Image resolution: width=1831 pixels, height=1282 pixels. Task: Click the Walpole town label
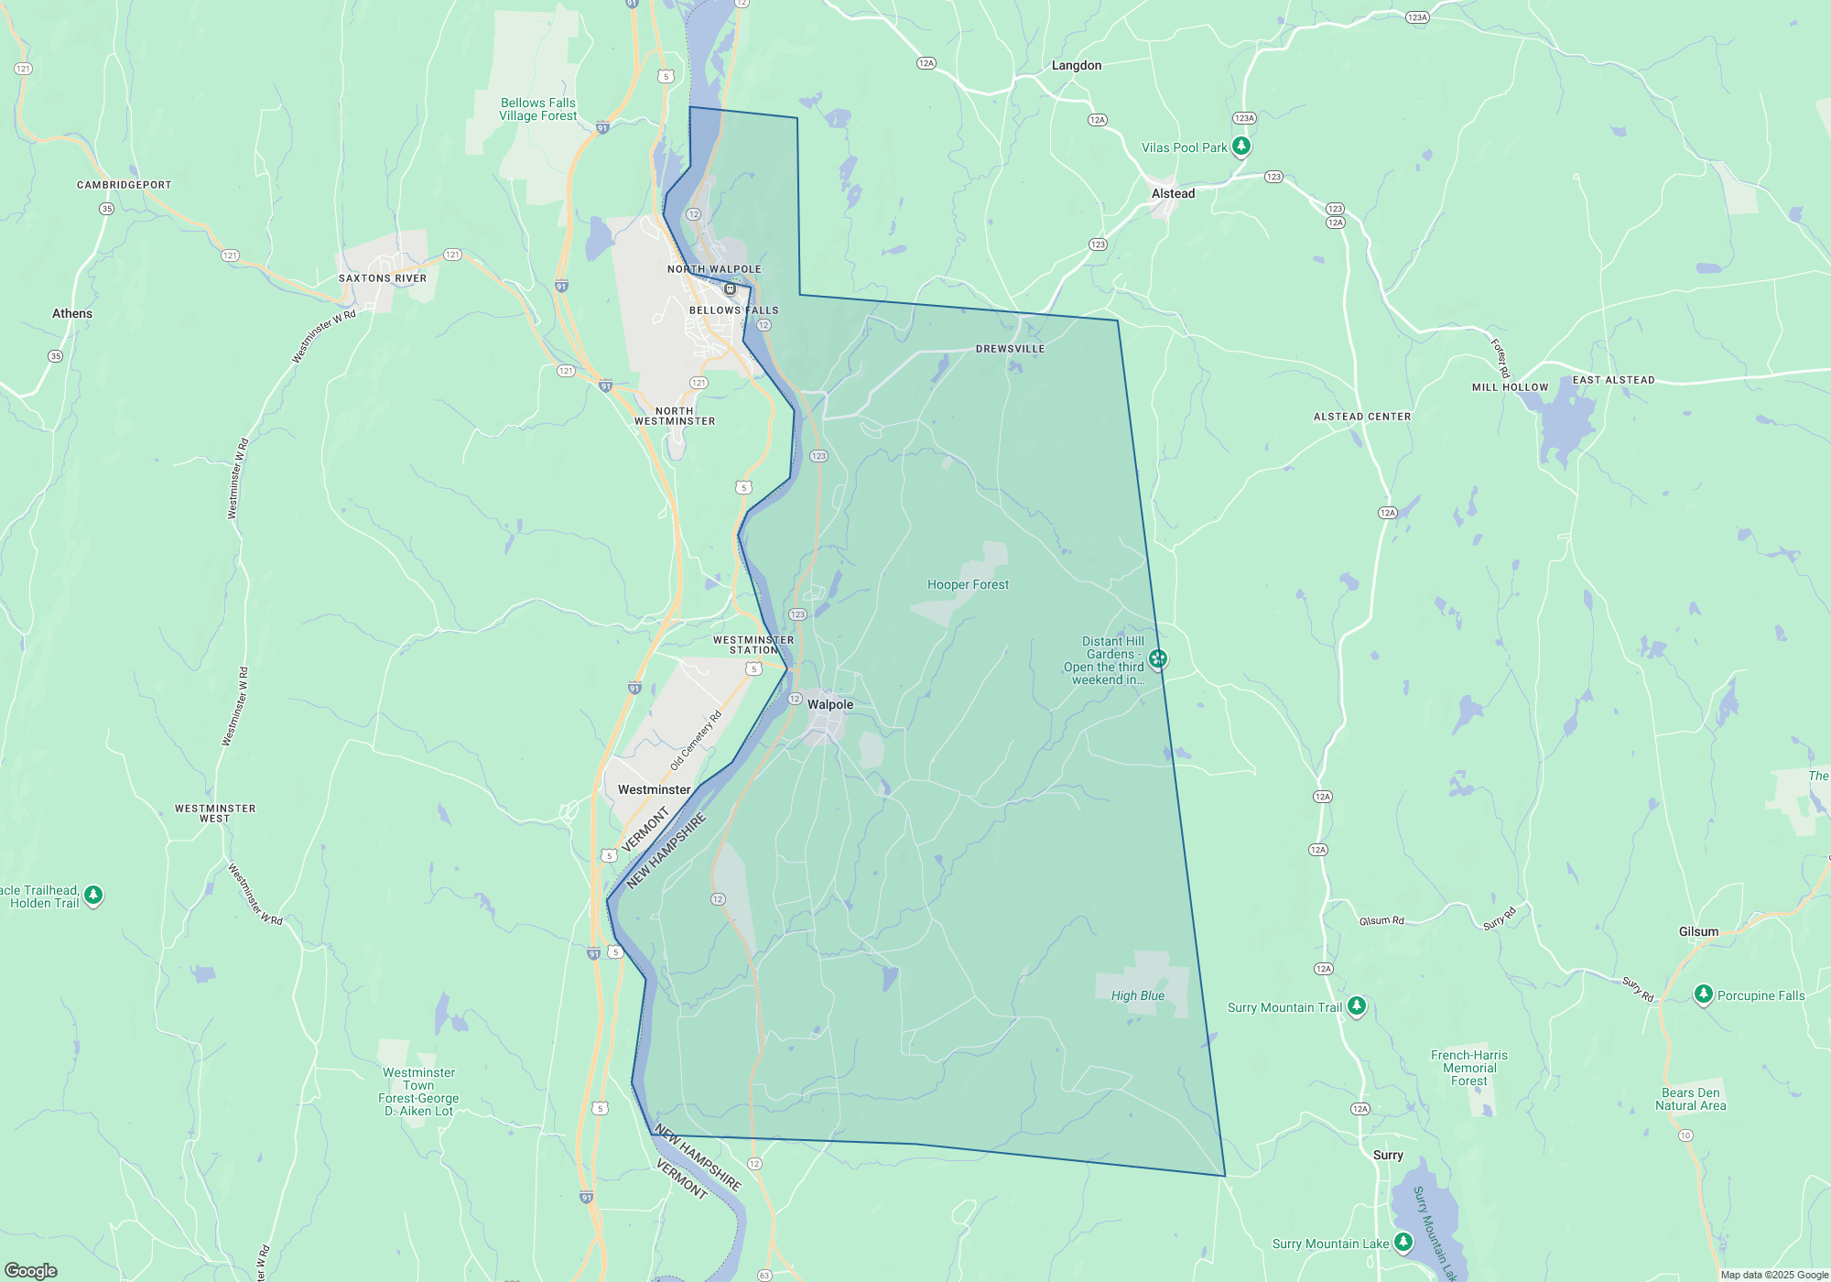coord(829,704)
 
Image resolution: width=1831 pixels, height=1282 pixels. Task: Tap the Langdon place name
coord(1076,65)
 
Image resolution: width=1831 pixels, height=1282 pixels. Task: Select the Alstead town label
coord(1173,193)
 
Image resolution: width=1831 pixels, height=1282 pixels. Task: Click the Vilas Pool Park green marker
coord(1241,146)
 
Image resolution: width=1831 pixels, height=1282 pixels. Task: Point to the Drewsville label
coord(1010,349)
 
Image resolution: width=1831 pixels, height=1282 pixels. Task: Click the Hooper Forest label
coord(968,584)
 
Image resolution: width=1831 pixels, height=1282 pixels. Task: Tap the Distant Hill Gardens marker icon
coord(1158,658)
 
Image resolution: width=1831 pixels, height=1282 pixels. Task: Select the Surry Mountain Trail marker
coord(1357,1006)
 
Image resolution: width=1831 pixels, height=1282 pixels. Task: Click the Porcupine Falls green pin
coord(1703,994)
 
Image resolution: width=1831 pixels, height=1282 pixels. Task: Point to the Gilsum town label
coord(1698,931)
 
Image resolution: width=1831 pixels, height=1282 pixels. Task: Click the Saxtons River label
coord(383,278)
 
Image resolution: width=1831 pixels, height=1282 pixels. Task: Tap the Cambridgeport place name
coord(124,185)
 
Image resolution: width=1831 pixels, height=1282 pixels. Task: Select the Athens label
coord(72,313)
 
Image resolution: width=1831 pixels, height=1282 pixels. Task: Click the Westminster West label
coord(215,813)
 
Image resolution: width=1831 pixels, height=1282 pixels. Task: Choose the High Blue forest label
coord(1138,995)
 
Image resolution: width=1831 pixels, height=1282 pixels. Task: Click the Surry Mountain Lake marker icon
coord(1403,1242)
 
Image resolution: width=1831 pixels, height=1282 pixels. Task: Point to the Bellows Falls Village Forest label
coord(538,109)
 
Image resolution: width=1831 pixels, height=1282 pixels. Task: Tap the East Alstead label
coord(1613,380)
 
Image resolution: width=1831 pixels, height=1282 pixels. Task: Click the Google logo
coord(31,1270)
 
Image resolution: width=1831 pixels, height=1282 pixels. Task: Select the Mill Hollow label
coord(1510,387)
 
